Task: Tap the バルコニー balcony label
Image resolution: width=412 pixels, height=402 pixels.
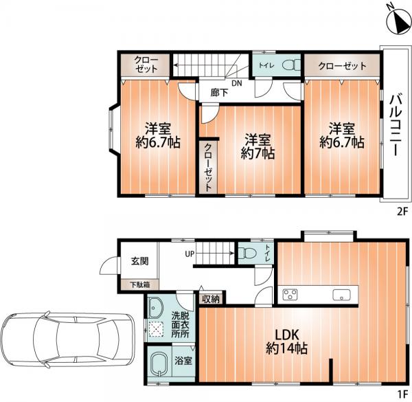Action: (396, 126)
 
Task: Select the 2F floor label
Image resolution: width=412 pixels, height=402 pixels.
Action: (402, 212)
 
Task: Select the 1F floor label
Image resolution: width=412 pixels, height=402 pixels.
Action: (402, 394)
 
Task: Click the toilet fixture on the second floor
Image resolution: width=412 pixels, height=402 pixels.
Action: (291, 65)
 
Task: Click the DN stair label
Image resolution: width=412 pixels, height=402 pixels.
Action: (236, 83)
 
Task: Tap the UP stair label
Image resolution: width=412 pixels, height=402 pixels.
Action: (190, 254)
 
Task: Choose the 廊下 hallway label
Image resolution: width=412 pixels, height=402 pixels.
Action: (220, 93)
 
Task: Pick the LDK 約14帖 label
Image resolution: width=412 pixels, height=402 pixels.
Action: (286, 342)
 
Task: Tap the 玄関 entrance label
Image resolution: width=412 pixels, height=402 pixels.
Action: (140, 261)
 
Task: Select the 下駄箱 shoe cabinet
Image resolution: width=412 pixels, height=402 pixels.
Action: (139, 284)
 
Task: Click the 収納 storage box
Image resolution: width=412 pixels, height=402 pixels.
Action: (211, 299)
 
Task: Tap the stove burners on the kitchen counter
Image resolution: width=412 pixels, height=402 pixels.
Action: (290, 294)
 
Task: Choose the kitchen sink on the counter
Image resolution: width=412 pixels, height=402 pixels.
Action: (341, 295)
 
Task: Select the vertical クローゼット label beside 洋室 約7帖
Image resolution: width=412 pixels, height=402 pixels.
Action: (208, 167)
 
